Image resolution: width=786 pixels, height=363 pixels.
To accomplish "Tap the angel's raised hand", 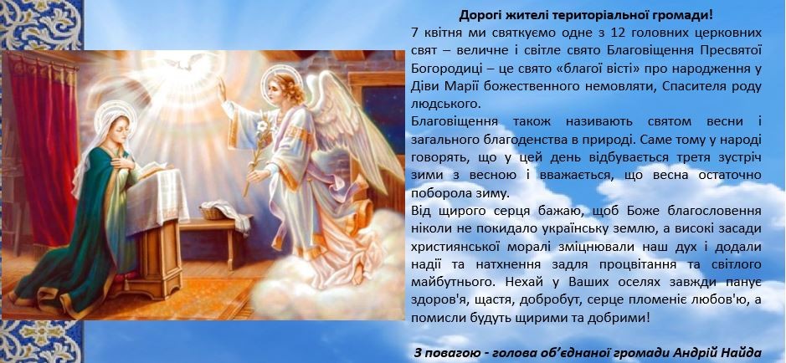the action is click(x=221, y=87).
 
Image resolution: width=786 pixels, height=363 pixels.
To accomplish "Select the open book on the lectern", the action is click(x=151, y=169).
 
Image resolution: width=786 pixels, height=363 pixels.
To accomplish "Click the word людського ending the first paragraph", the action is click(x=445, y=105).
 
